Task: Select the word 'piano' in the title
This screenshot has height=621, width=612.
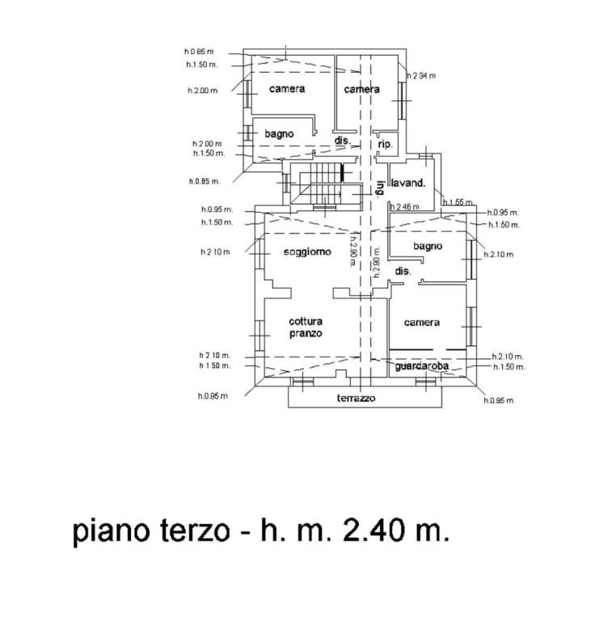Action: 111,533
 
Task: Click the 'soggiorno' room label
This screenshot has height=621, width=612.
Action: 307,252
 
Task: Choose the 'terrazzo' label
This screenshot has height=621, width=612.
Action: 356,399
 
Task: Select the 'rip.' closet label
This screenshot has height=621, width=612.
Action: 386,145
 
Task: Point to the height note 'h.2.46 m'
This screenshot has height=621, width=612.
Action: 405,207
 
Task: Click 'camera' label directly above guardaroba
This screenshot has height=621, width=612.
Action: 422,323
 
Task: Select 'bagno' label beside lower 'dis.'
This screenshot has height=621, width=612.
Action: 426,246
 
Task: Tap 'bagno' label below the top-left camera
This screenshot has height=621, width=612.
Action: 278,133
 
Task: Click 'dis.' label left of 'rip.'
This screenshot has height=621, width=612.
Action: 342,141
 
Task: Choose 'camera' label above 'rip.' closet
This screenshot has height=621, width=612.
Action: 361,89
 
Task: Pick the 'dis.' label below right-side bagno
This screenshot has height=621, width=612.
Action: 403,272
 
